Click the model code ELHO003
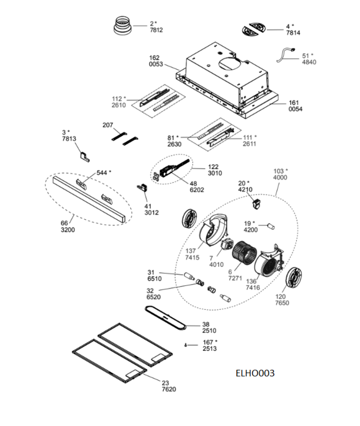pos(255,373)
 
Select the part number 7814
pos(293,33)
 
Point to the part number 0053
pos(156,64)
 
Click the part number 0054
pos(296,109)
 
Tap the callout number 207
pos(108,125)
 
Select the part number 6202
pos(197,190)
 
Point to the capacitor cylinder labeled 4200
pos(271,226)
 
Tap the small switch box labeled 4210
pos(257,204)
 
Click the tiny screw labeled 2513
pos(185,345)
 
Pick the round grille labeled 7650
pos(294,277)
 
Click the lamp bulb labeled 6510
pos(189,276)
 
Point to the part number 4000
pos(280,177)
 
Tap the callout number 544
pos(102,173)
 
